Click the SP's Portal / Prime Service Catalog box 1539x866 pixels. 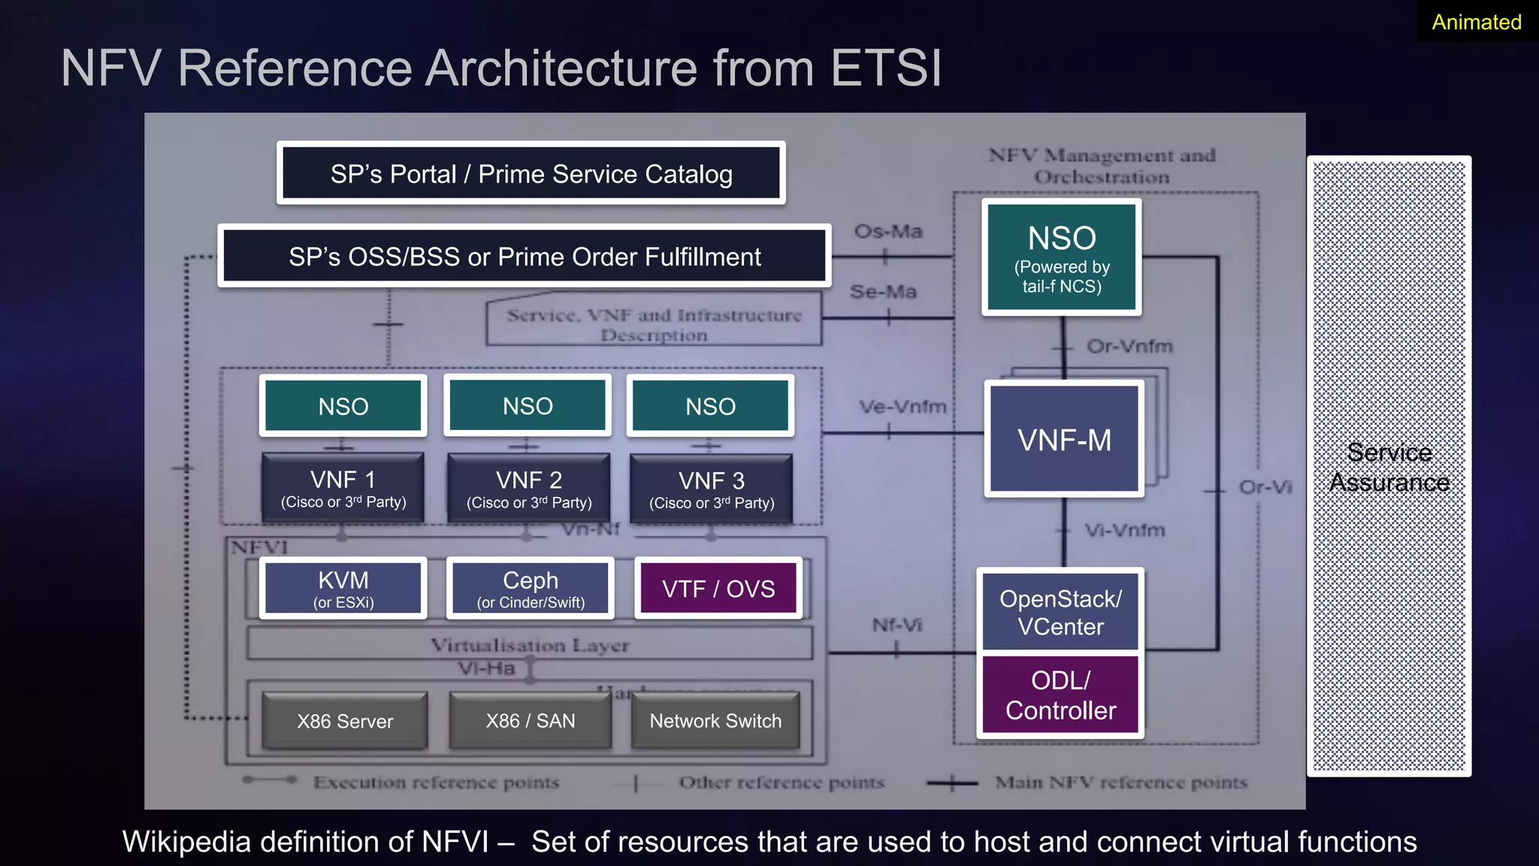click(531, 174)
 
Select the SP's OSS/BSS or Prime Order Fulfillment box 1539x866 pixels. click(525, 256)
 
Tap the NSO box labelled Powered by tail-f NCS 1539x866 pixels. click(1061, 257)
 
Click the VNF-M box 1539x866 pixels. click(1064, 440)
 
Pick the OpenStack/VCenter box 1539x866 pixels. click(1060, 612)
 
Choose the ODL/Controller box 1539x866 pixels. click(1060, 695)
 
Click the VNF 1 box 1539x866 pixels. click(343, 488)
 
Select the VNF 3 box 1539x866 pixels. click(711, 489)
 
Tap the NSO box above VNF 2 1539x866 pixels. click(528, 406)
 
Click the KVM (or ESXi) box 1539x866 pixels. click(343, 588)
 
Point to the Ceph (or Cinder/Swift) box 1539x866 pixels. click(531, 588)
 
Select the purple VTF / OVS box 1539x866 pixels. click(718, 589)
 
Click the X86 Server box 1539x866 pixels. click(345, 721)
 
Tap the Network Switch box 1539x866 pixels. click(715, 721)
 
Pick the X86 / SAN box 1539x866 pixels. click(531, 721)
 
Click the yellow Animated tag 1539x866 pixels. click(1476, 22)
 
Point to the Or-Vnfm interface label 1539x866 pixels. click(1129, 347)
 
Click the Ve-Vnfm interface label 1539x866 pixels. click(903, 407)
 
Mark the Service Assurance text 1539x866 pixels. click(1389, 467)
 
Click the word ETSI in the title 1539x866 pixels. click(886, 68)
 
